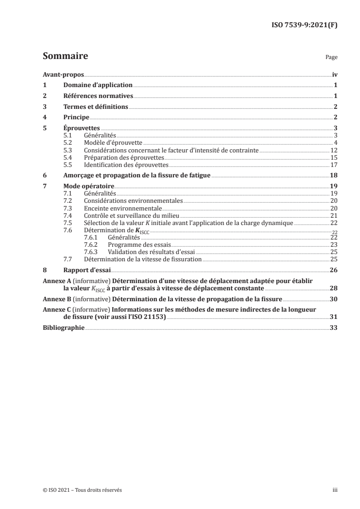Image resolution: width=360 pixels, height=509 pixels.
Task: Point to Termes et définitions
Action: (x=95, y=107)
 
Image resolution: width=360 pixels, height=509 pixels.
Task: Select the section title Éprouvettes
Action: (x=81, y=128)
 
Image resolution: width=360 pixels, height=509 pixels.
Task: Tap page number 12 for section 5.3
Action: (x=334, y=150)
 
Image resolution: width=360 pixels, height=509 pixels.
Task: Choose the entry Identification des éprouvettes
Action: (x=126, y=165)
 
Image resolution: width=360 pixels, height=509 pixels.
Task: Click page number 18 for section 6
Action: (x=334, y=176)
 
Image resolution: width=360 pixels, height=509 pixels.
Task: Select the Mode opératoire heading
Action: (x=89, y=186)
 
